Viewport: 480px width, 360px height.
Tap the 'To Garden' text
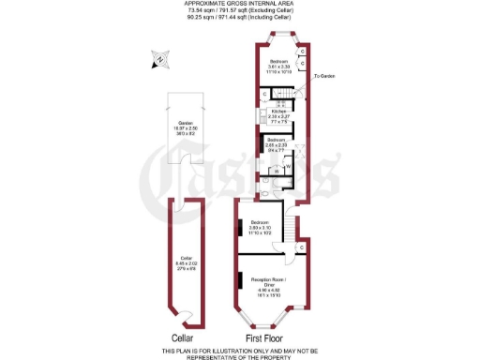(324, 76)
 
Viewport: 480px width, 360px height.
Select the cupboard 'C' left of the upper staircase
(265, 94)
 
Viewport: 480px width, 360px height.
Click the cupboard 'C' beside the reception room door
(303, 247)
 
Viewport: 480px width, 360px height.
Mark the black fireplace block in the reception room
(241, 280)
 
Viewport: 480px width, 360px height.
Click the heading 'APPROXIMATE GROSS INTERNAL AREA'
(240, 4)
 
